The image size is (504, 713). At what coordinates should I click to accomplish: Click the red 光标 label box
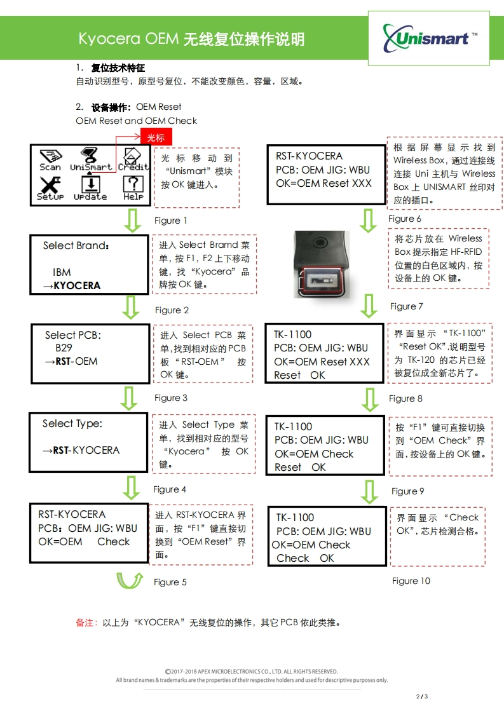[x=156, y=137]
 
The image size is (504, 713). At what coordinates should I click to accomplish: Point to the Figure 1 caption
[x=171, y=221]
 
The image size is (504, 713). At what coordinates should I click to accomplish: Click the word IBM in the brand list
[x=62, y=272]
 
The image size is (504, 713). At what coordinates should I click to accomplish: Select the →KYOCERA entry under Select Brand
[x=72, y=286]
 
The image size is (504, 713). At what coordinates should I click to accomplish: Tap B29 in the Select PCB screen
[x=64, y=348]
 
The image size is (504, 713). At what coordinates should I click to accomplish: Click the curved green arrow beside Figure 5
[x=129, y=580]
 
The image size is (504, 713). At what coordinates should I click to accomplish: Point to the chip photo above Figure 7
[x=322, y=264]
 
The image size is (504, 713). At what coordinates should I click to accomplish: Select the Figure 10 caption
[x=411, y=581]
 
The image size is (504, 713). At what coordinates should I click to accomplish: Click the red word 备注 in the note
[x=85, y=623]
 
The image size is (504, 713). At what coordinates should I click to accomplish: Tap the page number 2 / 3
[x=422, y=696]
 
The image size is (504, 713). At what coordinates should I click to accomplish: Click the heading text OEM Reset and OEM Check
[x=136, y=121]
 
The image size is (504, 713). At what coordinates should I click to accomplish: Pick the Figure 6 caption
[x=405, y=219]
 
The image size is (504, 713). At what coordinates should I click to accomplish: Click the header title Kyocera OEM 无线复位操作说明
[x=191, y=39]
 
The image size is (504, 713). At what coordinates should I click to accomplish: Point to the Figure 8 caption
[x=405, y=398]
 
